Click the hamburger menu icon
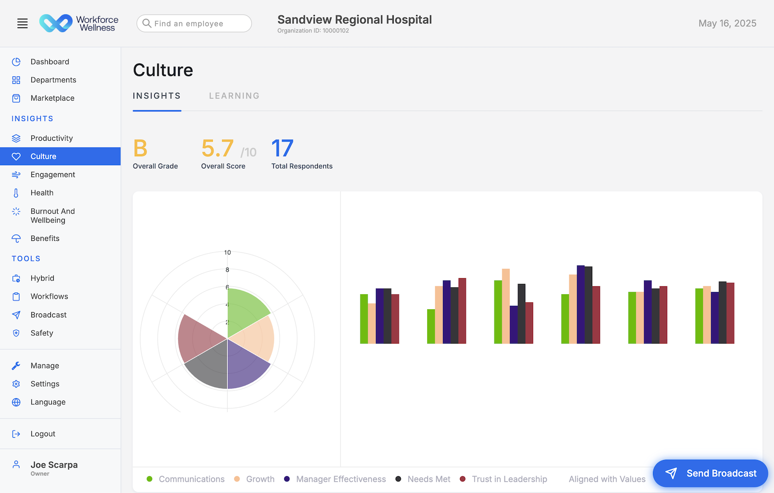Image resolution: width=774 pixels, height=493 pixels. point(22,23)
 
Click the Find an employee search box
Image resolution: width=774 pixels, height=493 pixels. point(194,23)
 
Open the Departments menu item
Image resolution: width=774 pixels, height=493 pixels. point(53,80)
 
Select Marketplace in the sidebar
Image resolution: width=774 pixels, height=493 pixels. point(52,98)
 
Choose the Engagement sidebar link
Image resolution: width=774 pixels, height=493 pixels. point(53,175)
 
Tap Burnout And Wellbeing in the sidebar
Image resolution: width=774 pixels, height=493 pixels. point(52,216)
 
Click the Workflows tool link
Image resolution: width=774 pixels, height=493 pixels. point(49,297)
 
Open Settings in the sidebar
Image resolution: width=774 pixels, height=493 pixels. point(45,384)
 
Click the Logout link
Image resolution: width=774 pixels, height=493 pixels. point(43,434)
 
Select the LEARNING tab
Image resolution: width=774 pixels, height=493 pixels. point(234,96)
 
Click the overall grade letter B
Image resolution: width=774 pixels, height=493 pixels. point(140,149)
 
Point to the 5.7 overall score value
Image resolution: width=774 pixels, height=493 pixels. point(218,149)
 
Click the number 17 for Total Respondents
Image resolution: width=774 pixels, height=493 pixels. point(283,149)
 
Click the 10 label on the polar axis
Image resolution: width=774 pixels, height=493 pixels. point(227,253)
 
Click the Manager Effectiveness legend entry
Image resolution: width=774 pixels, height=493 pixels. point(341,479)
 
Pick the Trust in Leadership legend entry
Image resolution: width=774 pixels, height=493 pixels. point(509,479)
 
